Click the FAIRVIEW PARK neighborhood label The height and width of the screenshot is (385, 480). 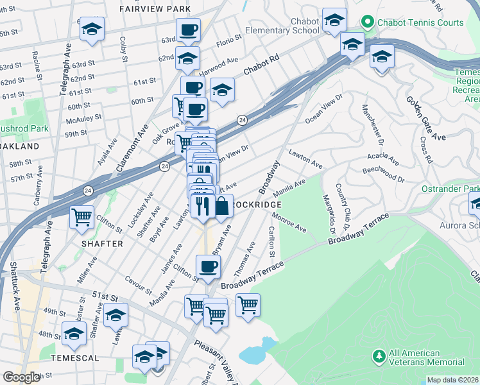click(x=155, y=9)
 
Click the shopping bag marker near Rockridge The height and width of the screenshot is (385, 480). click(x=221, y=207)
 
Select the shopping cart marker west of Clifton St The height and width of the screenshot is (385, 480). click(x=82, y=218)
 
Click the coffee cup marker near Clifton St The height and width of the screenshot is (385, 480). click(x=207, y=266)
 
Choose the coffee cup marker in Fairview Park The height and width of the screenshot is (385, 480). click(x=189, y=30)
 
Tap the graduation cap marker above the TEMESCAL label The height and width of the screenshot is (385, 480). click(x=74, y=333)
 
